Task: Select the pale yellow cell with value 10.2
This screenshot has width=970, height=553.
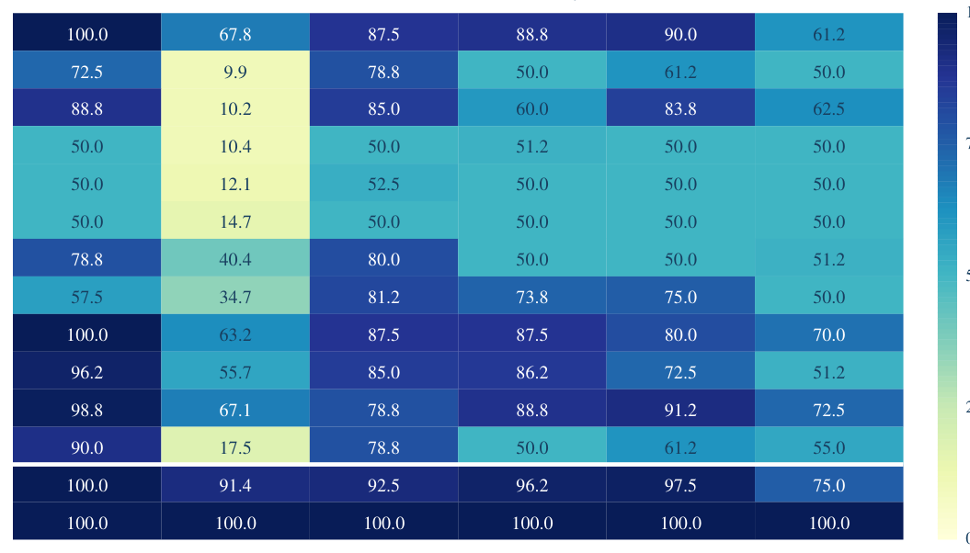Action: coord(235,107)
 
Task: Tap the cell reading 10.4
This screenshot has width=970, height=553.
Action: coord(235,145)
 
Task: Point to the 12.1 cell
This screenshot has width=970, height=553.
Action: coord(235,183)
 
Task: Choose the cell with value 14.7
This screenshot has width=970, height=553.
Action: coord(235,220)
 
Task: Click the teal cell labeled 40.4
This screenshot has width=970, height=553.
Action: coord(235,258)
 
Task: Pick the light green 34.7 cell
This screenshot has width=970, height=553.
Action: coord(235,296)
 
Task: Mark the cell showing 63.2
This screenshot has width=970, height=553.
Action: coord(235,333)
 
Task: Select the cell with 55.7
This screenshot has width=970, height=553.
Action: coord(235,371)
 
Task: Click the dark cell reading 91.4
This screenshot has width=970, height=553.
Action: coord(235,484)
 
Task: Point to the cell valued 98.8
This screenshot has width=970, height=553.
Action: coord(86,409)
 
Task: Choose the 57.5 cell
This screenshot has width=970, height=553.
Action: coord(86,296)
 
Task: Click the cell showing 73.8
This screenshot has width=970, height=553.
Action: coord(532,296)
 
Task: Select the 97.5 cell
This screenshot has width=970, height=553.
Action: coord(680,484)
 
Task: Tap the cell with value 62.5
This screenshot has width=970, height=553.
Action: coord(829,107)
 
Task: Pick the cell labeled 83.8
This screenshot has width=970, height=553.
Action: coord(680,107)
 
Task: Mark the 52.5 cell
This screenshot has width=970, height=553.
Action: coord(383,183)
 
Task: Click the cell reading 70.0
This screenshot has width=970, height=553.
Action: coord(829,333)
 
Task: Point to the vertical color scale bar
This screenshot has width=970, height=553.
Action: coord(947,276)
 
